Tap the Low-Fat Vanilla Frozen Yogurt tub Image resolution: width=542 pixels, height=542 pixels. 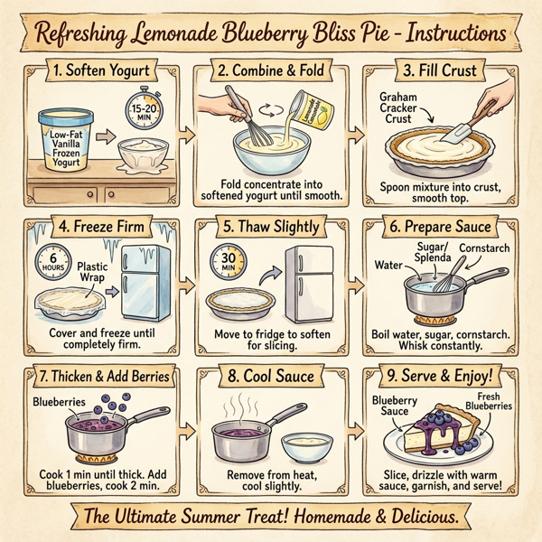tap(62, 141)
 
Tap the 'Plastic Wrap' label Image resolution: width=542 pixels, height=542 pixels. tap(94, 273)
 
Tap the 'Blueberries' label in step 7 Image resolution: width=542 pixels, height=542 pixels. tap(58, 400)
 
